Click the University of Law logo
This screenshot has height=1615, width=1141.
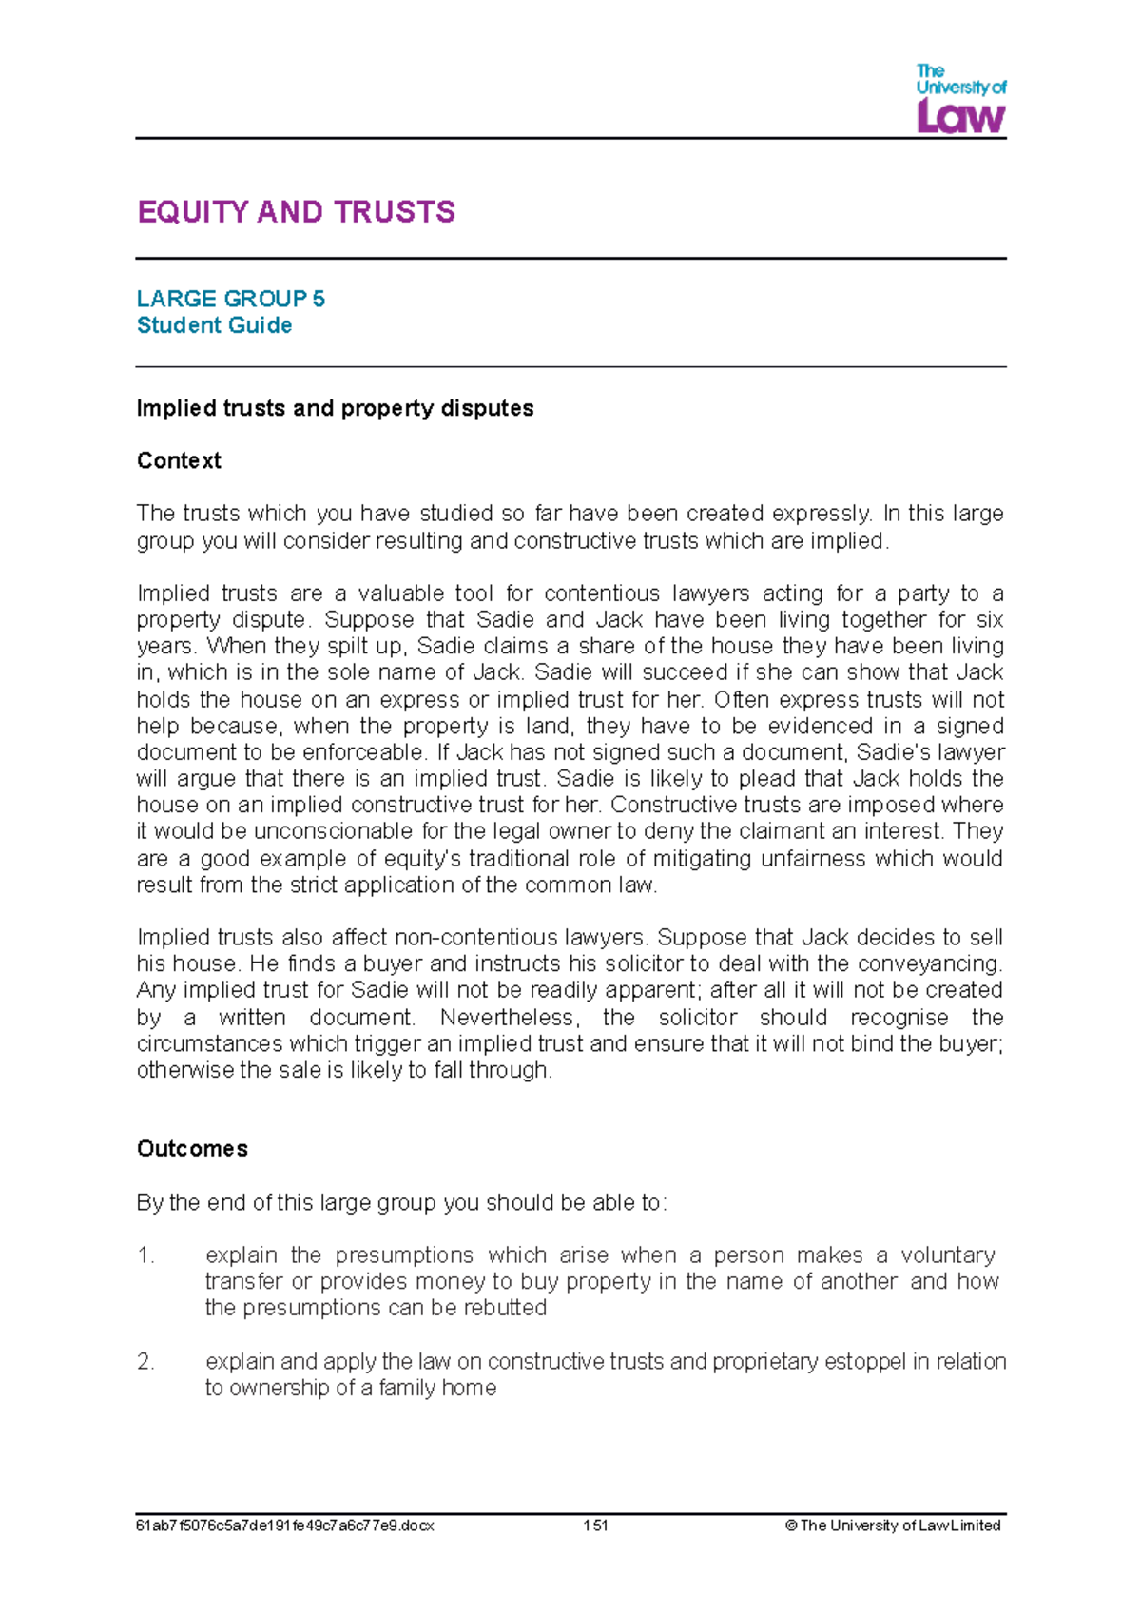[960, 99]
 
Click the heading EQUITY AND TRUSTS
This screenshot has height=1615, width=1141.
[297, 211]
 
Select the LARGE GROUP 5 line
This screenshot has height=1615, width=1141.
[231, 299]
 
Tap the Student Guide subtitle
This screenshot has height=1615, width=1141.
[214, 325]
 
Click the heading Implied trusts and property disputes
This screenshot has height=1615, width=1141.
[335, 408]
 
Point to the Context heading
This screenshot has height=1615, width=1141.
[179, 460]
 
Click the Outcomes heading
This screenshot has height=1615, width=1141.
[192, 1149]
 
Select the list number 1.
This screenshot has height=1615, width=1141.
[145, 1255]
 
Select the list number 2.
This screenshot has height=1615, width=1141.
[145, 1362]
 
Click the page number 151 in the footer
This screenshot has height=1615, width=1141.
[595, 1526]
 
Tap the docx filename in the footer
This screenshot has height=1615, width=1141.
[284, 1526]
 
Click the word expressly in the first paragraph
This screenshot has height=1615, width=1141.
[821, 514]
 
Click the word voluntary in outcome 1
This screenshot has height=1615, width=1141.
[947, 1255]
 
